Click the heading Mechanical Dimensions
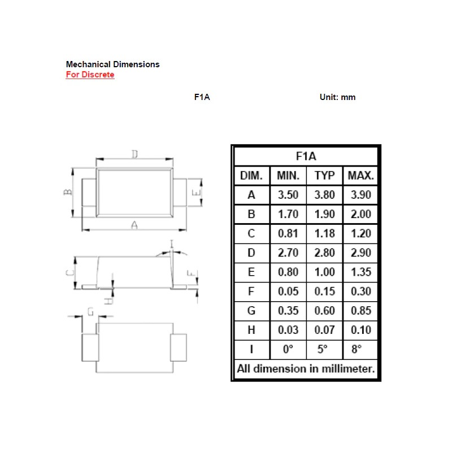click(112, 64)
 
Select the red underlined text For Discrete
click(90, 75)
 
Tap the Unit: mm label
click(337, 97)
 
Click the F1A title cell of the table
click(306, 156)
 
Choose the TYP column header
click(324, 175)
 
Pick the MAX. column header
click(360, 175)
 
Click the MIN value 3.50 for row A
click(288, 195)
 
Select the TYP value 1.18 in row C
click(324, 233)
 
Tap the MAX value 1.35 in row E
click(360, 272)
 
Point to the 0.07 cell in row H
click(324, 330)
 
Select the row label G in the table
click(251, 311)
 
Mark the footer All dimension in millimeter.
click(306, 369)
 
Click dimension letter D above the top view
click(134, 154)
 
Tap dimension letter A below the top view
click(134, 225)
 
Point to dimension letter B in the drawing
click(67, 192)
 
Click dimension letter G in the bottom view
click(90, 310)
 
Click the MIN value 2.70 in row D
click(288, 253)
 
